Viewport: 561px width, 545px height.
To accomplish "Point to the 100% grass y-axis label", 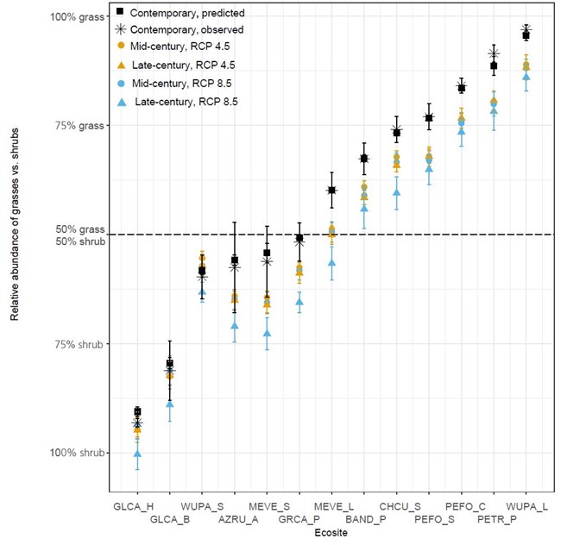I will pos(77,17).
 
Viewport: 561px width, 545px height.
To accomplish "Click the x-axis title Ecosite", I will pos(331,533).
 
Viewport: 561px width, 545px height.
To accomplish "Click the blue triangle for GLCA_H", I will pos(137,454).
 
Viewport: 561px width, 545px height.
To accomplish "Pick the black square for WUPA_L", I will pos(526,34).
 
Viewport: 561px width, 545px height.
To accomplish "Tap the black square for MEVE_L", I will pos(331,191).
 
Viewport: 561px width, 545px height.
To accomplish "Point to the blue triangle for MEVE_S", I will pos(267,334).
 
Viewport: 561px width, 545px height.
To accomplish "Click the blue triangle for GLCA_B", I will pos(170,404).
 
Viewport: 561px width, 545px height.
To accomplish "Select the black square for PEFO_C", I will pos(462,88).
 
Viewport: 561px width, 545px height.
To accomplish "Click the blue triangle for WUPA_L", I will pos(526,77).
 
